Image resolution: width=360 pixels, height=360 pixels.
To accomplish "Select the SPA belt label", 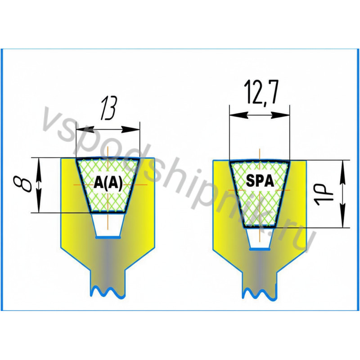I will (x=260, y=181).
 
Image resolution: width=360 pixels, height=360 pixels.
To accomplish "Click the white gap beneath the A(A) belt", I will (x=108, y=225).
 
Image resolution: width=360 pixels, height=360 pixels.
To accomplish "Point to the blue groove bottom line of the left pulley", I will (x=108, y=237).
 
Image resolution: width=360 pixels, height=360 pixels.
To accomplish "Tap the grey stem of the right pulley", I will (x=260, y=270).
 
